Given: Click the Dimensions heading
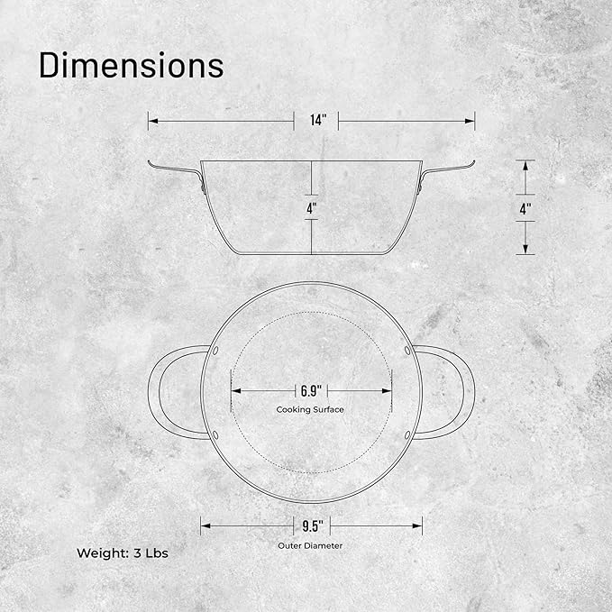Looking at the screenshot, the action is (x=132, y=65).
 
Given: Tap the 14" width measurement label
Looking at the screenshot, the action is (x=318, y=120).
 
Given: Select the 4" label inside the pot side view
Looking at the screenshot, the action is (x=312, y=208).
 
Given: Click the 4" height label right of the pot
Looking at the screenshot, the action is (x=525, y=209).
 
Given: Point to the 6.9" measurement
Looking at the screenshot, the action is (x=311, y=390).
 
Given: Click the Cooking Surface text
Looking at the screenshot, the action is (x=310, y=409).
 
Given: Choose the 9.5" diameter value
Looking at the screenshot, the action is (x=313, y=526).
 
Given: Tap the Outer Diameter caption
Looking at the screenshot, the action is (x=310, y=545).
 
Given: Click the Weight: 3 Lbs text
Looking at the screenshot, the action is (x=123, y=553).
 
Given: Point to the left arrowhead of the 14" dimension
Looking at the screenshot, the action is (x=153, y=121).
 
